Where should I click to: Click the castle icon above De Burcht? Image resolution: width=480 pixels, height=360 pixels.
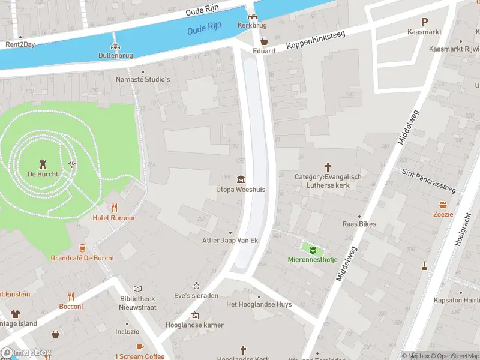tap(43, 164)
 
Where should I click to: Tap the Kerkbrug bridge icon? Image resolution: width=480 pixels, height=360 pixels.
tap(253, 16)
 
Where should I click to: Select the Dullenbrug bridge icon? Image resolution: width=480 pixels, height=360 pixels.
tap(115, 46)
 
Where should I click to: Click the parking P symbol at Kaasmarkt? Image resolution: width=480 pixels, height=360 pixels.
tap(424, 21)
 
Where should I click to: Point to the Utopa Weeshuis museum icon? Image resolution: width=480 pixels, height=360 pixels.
tap(241, 179)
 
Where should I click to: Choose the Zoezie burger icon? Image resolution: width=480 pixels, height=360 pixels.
tap(443, 203)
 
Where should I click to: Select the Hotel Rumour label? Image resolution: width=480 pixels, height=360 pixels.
tap(114, 218)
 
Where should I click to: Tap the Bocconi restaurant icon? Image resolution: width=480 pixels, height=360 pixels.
tap(71, 296)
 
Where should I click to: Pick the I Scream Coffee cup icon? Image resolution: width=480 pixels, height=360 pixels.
tap(140, 346)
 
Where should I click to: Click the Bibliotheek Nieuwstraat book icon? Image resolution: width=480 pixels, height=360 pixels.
tap(137, 289)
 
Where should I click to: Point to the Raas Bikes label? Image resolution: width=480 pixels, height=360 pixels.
tap(359, 224)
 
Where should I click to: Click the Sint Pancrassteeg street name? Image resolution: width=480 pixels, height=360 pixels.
tap(428, 181)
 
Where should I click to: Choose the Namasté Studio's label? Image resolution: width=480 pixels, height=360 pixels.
tap(143, 79)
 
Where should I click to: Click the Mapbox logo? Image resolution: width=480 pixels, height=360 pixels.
tap(26, 353)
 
